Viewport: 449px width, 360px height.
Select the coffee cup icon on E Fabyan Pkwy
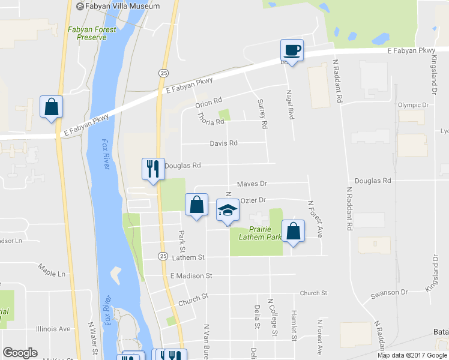pyautogui.click(x=292, y=51)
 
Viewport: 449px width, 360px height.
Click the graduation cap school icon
pyautogui.click(x=228, y=211)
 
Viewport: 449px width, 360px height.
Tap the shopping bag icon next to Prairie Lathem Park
pyautogui.click(x=293, y=231)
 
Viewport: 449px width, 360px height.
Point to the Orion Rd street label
pyautogui.click(x=209, y=103)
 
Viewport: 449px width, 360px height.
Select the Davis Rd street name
pyautogui.click(x=224, y=143)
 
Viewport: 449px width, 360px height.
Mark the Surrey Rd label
pyautogui.click(x=262, y=114)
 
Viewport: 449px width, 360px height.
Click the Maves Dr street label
pyautogui.click(x=252, y=184)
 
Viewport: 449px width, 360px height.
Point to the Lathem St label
pyautogui.click(x=188, y=257)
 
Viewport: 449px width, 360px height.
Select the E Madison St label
pyautogui.click(x=191, y=276)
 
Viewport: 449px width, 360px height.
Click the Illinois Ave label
pyautogui.click(x=53, y=329)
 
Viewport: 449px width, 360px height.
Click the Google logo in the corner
pyautogui.click(x=20, y=353)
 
